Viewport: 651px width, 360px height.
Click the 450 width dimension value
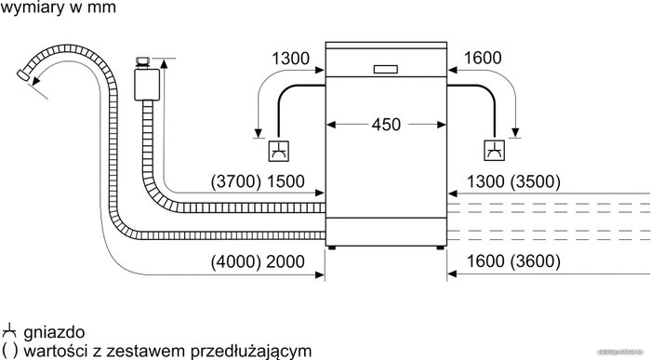coord(386,124)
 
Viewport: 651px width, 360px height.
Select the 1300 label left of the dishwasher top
coord(290,59)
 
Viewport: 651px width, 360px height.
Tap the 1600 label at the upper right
coord(483,58)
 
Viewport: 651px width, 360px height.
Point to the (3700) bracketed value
coord(236,181)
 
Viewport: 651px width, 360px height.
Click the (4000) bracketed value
coord(236,261)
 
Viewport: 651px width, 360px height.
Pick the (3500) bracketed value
coord(536,181)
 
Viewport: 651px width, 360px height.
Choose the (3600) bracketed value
coord(536,261)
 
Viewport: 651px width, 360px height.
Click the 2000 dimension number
coord(286,261)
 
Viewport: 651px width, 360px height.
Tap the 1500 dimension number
coord(286,181)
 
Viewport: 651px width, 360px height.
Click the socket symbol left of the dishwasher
coord(278,151)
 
